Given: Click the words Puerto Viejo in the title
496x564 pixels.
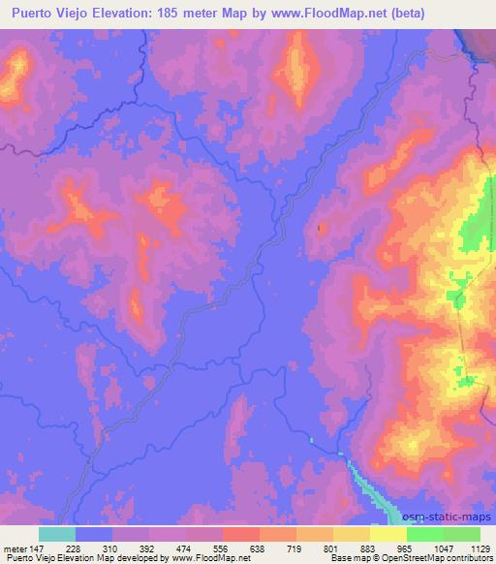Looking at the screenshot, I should click(49, 13).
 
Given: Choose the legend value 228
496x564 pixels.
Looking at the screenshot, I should click(74, 548).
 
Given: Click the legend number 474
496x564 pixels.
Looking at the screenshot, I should click(184, 548).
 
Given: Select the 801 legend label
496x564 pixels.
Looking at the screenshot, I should click(331, 548).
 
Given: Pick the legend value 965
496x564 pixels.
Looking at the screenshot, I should click(404, 548).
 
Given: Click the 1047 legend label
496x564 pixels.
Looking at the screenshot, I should click(442, 548).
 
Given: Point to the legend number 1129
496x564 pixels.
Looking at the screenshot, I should click(479, 548).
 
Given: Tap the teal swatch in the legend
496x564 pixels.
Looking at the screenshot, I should click(56, 534).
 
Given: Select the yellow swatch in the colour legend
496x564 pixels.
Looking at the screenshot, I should click(387, 534).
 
